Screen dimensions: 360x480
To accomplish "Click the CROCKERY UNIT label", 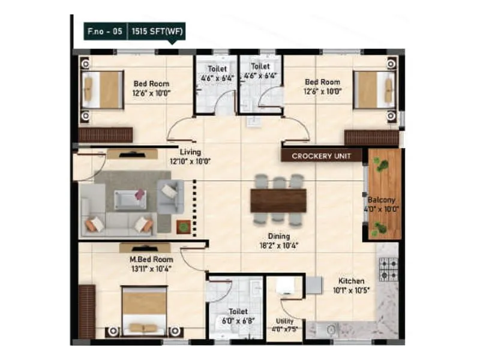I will (322, 156).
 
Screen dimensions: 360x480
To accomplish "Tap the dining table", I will (278, 200).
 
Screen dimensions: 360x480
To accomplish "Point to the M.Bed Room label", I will (151, 259).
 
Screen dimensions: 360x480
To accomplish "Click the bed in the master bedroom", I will (144, 310).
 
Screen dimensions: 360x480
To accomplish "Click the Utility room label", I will (284, 321).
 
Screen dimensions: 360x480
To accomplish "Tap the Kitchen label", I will (351, 281).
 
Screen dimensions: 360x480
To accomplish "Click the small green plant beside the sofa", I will (183, 226).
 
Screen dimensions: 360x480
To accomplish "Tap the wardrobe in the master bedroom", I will (87, 311).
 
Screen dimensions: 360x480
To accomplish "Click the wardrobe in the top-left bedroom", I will (106, 135).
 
